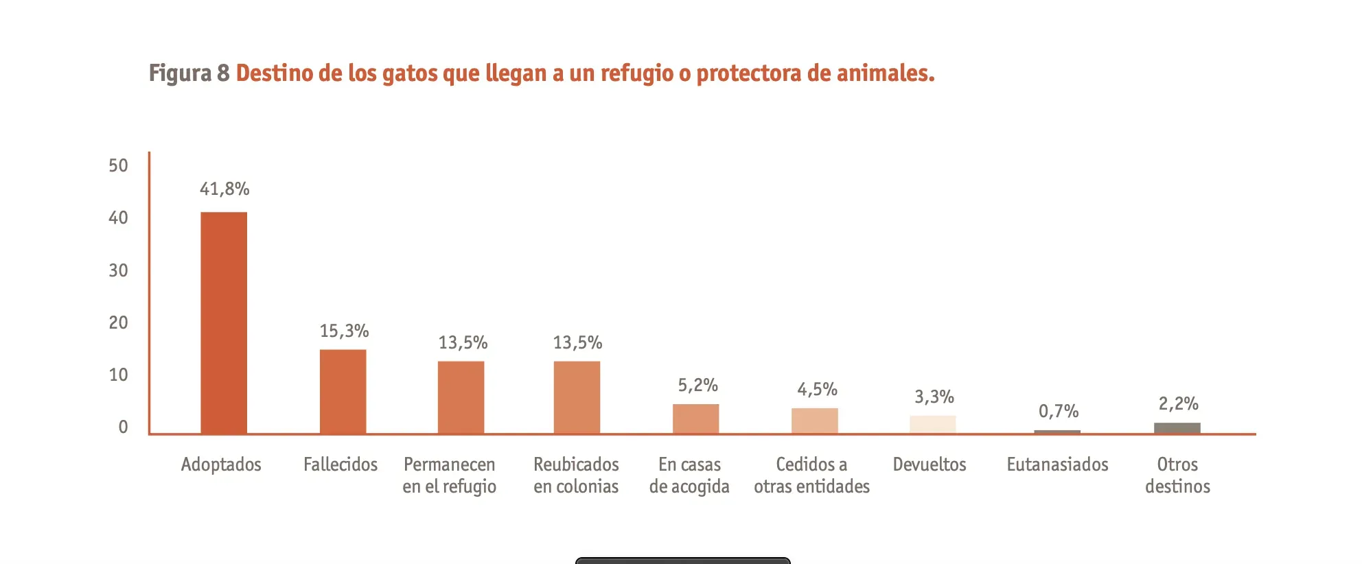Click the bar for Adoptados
pyautogui.click(x=224, y=322)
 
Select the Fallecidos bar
pyautogui.click(x=343, y=391)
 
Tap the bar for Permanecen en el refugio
pyautogui.click(x=461, y=397)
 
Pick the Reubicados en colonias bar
pyautogui.click(x=577, y=397)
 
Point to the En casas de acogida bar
pyautogui.click(x=695, y=419)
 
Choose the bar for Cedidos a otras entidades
pyautogui.click(x=814, y=421)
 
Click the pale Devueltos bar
pyautogui.click(x=932, y=424)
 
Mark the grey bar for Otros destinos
pyautogui.click(x=1177, y=428)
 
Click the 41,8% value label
pyautogui.click(x=224, y=189)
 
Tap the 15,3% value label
pyautogui.click(x=344, y=331)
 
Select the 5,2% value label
pyautogui.click(x=697, y=385)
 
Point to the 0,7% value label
pyautogui.click(x=1058, y=411)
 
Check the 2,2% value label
pyautogui.click(x=1178, y=403)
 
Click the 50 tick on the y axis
pyautogui.click(x=118, y=165)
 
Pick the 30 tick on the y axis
pyautogui.click(x=118, y=270)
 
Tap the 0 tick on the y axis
pyautogui.click(x=123, y=427)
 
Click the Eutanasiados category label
pyautogui.click(x=1057, y=465)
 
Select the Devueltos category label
pyautogui.click(x=929, y=465)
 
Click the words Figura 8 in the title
pyautogui.click(x=189, y=73)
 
